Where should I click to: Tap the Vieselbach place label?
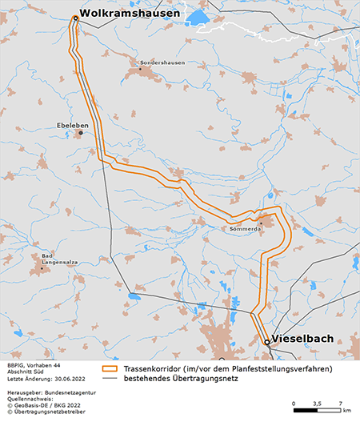[x=302, y=338]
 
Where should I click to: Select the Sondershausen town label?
[x=162, y=62]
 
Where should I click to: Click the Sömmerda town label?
[x=246, y=228]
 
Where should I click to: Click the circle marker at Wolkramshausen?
[x=74, y=17]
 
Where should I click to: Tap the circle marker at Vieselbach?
[x=267, y=343]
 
